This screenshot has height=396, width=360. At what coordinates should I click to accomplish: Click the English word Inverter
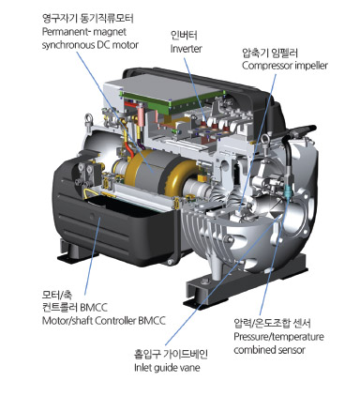click(x=186, y=49)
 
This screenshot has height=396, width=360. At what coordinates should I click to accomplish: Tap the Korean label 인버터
click(x=184, y=35)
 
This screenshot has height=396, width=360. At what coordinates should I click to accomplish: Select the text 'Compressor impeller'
click(x=285, y=66)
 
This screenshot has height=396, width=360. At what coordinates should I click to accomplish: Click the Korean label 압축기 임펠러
click(x=270, y=53)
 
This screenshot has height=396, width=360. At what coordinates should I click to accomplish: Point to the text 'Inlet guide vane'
click(x=167, y=368)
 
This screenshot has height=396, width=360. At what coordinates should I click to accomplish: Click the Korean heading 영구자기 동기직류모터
click(x=88, y=18)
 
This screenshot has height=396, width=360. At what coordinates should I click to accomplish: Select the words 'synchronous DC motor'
click(x=90, y=45)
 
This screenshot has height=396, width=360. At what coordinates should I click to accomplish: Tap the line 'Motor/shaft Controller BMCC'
click(x=104, y=321)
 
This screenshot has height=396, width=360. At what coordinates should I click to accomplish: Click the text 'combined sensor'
click(x=269, y=350)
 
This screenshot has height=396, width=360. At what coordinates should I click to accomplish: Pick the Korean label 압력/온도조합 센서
click(x=272, y=323)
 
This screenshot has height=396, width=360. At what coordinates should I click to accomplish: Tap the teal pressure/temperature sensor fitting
click(x=288, y=191)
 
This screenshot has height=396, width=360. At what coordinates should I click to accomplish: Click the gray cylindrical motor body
click(x=151, y=171)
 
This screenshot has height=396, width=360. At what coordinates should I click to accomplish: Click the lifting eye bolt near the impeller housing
click(x=266, y=139)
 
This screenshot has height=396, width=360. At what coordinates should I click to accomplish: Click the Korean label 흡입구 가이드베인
click(x=171, y=355)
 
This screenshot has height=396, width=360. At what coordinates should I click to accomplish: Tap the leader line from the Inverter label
click(x=195, y=88)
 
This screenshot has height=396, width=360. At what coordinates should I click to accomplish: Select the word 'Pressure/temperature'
click(x=278, y=337)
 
